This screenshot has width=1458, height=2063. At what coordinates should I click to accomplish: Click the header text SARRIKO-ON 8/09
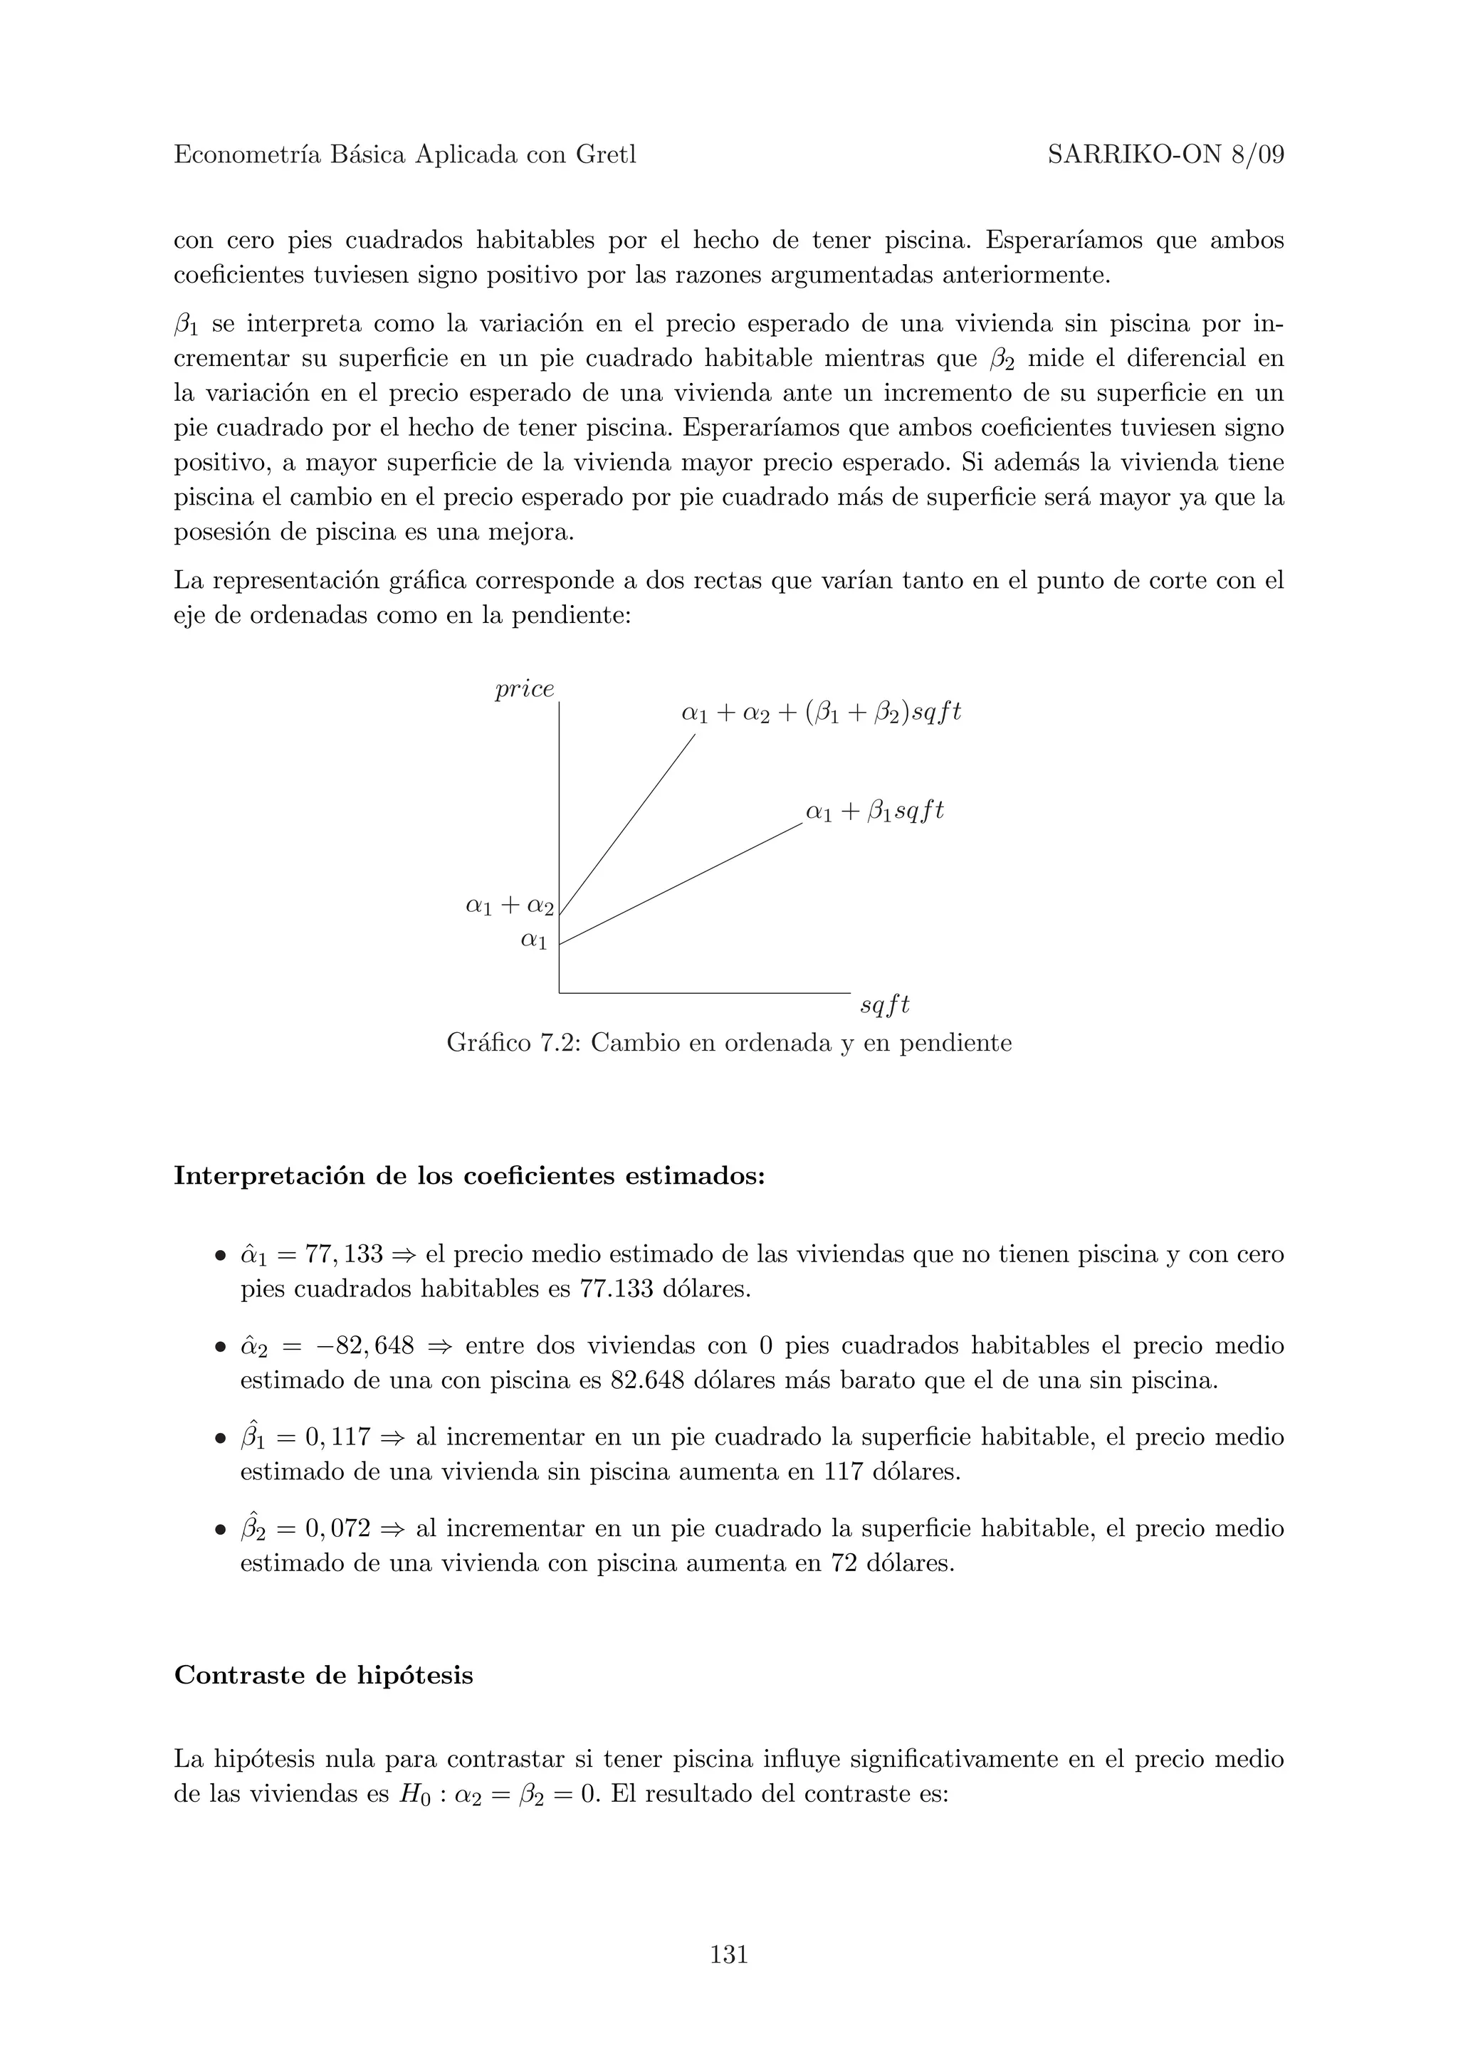(x=1165, y=155)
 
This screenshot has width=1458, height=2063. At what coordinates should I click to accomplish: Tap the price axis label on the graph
(x=525, y=689)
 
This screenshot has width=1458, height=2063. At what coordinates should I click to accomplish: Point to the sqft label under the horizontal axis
(x=885, y=1005)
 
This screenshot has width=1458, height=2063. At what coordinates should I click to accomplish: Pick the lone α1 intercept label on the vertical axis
(x=534, y=941)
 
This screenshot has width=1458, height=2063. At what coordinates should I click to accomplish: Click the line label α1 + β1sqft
(x=875, y=812)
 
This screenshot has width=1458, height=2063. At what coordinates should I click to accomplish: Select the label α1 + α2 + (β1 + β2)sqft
(x=821, y=713)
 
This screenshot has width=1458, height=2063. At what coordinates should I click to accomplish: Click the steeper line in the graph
(x=629, y=822)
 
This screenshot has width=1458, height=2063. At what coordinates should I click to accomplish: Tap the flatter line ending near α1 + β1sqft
(x=683, y=882)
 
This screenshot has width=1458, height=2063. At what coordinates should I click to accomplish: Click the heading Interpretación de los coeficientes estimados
(x=469, y=1175)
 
